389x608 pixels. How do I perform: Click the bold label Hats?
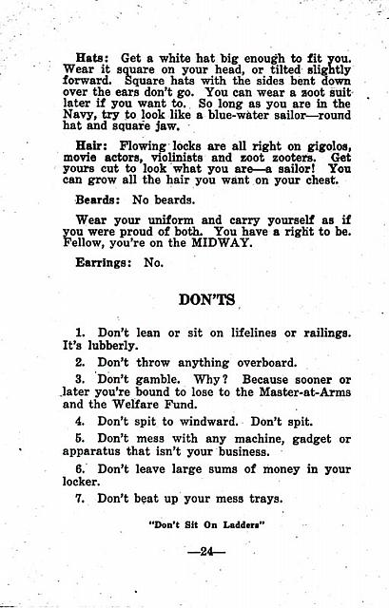pos(92,57)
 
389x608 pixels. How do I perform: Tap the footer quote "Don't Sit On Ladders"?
pos(206,522)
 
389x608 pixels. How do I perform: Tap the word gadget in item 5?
pos(298,438)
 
